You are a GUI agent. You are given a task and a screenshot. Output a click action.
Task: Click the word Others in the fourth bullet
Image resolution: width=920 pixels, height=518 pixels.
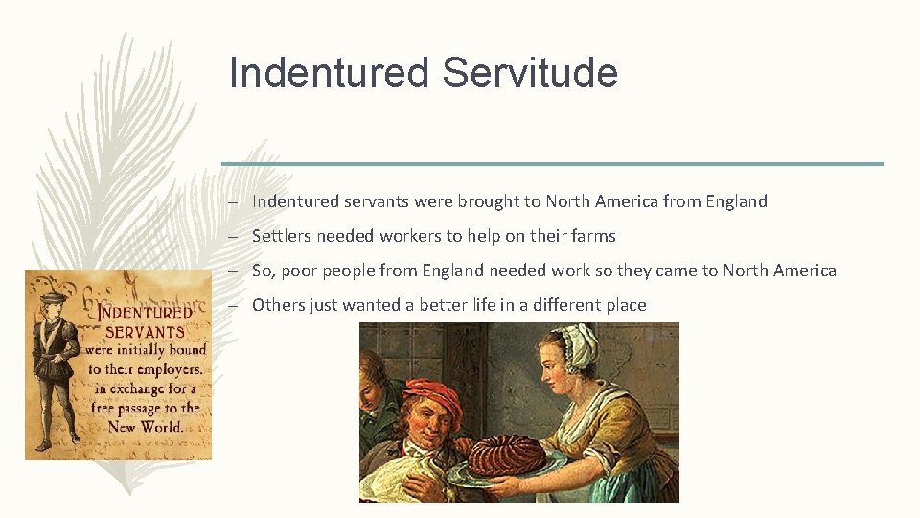coord(277,305)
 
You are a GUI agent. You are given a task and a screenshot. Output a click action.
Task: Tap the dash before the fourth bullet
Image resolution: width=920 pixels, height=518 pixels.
coord(232,305)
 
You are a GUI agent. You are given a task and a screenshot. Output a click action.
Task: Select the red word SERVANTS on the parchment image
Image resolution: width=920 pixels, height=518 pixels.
coord(144,331)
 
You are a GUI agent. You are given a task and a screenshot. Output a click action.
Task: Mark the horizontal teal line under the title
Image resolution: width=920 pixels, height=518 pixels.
coord(552,164)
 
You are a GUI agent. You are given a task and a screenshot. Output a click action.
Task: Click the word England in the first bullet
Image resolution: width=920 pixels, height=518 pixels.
coord(736,201)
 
